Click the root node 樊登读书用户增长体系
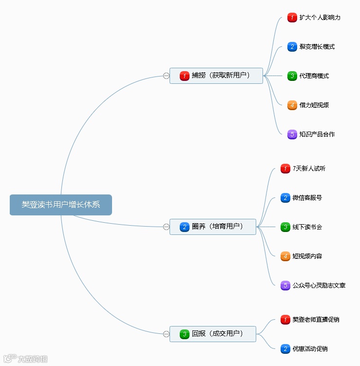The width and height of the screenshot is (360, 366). click(61, 205)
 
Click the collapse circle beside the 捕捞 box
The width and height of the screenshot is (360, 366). click(166, 76)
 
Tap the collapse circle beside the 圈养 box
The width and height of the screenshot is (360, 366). click(166, 227)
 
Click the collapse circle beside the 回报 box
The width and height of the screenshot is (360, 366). click(166, 334)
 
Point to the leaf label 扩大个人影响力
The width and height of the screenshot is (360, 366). click(320, 18)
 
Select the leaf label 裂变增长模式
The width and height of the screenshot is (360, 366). click(317, 47)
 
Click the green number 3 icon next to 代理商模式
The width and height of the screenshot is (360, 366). click(292, 76)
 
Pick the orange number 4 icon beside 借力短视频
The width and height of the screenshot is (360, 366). click(292, 105)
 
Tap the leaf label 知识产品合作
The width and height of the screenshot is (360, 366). click(317, 135)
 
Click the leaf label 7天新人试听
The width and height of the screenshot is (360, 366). click(309, 169)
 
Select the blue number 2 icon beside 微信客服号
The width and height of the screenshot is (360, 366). click(285, 198)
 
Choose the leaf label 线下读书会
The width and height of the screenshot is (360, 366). click(307, 227)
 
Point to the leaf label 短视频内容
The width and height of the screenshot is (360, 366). click(307, 256)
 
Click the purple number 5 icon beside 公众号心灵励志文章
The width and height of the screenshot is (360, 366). click(285, 286)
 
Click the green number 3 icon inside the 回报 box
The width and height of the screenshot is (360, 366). click(184, 334)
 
